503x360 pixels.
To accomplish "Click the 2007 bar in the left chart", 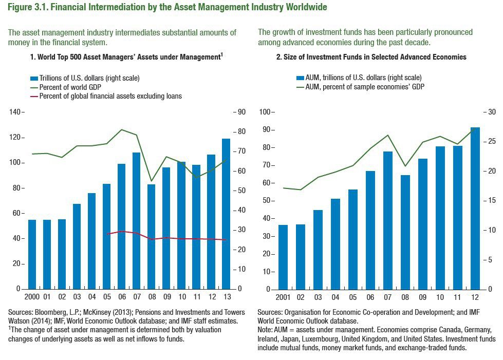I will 136,221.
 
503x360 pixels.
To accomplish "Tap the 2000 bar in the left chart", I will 32,254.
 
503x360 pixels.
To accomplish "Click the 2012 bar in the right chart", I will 475,208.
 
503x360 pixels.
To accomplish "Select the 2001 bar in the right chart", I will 283,257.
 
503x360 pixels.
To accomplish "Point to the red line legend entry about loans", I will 106,96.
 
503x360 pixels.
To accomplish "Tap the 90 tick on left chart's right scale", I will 241,112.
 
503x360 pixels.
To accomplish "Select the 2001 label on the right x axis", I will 283,297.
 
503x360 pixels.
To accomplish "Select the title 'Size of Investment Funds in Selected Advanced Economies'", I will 371,57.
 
